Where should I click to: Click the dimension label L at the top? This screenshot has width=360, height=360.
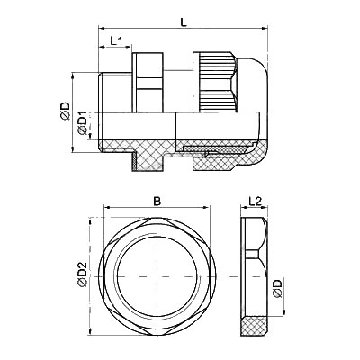pos(184,22)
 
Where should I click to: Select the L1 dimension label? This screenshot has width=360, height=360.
pos(116,40)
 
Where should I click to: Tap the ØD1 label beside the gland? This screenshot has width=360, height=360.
pos(82,122)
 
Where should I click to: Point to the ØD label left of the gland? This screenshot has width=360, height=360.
pos(65,112)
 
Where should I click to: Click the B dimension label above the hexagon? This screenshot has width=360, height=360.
pos(157,202)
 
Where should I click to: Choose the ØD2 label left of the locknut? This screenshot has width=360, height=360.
pos(82,274)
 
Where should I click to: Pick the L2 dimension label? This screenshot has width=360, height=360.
pos(256,201)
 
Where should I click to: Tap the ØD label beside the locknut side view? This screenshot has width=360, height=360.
pos(278,289)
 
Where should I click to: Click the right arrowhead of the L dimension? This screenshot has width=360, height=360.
pos(265,29)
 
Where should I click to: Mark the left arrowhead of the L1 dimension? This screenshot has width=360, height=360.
pos(102,47)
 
